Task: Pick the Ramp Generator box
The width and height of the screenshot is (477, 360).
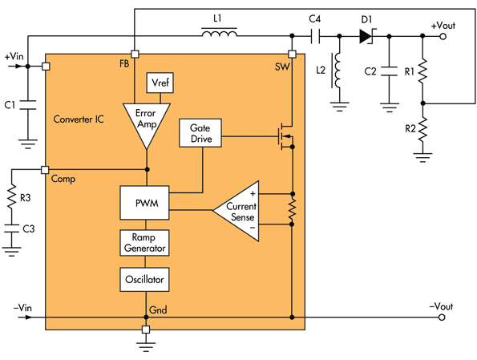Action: pos(145,243)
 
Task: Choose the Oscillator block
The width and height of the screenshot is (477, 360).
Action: pos(145,281)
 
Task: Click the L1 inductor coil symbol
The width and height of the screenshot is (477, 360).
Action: pos(218,34)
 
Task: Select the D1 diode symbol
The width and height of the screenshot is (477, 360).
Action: pos(368,36)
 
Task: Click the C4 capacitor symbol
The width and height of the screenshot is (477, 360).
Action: pos(316,36)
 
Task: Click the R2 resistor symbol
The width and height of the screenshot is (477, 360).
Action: pos(424,128)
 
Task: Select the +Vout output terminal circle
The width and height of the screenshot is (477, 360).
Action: pos(442,36)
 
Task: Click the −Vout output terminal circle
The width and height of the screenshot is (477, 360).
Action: pos(442,317)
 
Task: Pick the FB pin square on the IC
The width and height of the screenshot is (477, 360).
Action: pos(135,55)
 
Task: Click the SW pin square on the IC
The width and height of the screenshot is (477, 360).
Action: pos(292,55)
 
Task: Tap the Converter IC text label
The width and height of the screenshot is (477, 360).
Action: pos(79,119)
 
